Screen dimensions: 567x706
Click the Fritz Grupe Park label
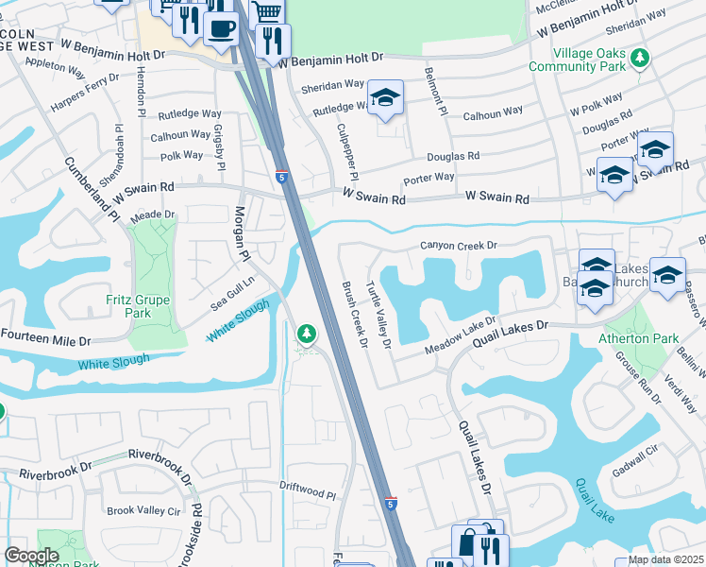click(x=128, y=306)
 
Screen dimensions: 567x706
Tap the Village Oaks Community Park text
click(x=591, y=60)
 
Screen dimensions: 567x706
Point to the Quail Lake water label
click(x=594, y=500)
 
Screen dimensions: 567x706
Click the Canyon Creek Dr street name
click(x=458, y=246)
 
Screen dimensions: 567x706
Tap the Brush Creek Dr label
click(x=353, y=314)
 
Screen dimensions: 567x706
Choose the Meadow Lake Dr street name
click(x=461, y=335)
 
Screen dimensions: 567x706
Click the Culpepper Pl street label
click(x=346, y=150)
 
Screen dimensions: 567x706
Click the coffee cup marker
click(x=221, y=27)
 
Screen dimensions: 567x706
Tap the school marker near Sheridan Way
click(x=384, y=97)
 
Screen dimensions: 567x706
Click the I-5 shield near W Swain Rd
click(x=282, y=176)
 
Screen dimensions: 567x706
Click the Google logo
click(x=32, y=556)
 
